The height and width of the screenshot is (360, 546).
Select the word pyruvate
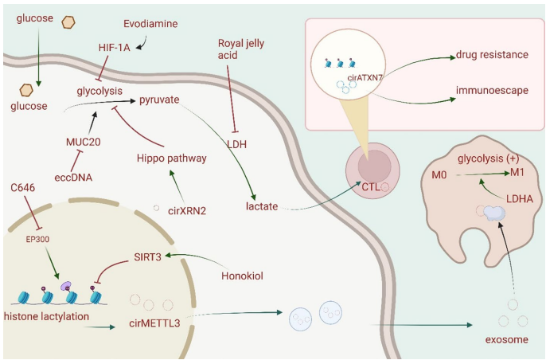159,100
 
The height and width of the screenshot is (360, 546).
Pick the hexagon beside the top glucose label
68,22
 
